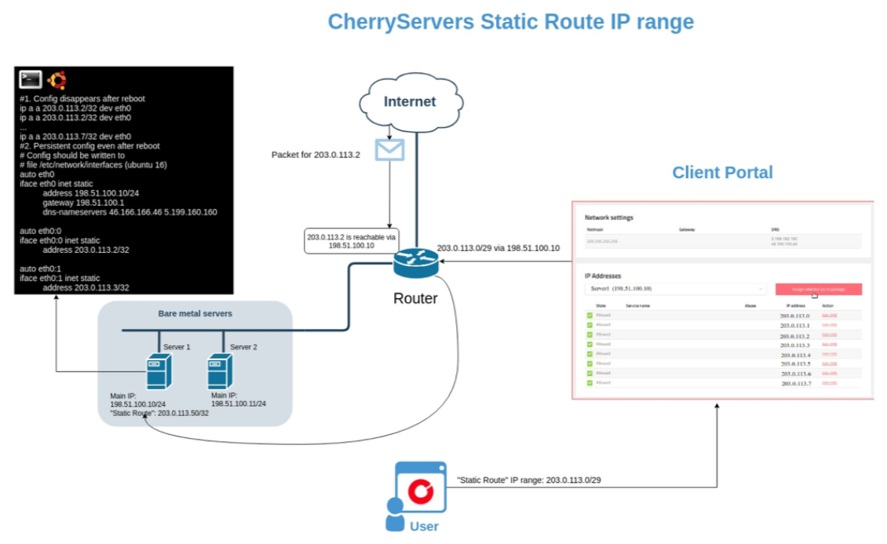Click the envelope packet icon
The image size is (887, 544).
[x=389, y=149]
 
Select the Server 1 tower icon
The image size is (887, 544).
[x=159, y=371]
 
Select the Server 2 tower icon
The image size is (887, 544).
[x=220, y=371]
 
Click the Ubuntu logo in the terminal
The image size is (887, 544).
[x=57, y=79]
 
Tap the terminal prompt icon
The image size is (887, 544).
[x=31, y=79]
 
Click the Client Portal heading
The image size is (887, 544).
[x=722, y=173]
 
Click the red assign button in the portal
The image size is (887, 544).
[x=818, y=289]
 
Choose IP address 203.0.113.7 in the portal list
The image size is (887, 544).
[x=795, y=384]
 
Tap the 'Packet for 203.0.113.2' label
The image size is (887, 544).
[x=316, y=155]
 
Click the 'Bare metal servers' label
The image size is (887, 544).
[x=195, y=314]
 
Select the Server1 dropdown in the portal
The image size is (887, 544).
[x=676, y=289]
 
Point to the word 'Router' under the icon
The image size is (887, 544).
[x=415, y=298]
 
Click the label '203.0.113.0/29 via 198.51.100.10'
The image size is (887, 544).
[x=498, y=248]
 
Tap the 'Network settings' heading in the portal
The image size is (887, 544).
[x=609, y=217]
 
